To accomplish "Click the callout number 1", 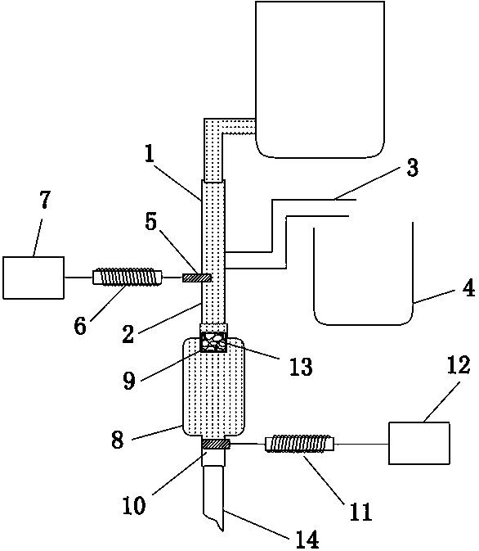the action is [x=150, y=154].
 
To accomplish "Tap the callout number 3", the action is [x=412, y=167].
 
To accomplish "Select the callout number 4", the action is [x=468, y=289].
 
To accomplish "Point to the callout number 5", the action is [x=150, y=222].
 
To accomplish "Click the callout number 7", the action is [x=45, y=200].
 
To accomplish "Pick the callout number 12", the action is [x=459, y=365].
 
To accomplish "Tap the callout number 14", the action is [x=307, y=539].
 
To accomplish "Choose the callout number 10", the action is [x=134, y=506].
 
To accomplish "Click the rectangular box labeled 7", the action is [x=34, y=278].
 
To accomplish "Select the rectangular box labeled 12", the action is [x=419, y=443].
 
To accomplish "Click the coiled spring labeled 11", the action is [x=299, y=444].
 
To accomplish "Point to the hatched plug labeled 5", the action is [x=197, y=278].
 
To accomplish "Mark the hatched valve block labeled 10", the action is [x=216, y=445].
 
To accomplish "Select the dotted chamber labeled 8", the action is [x=213, y=386].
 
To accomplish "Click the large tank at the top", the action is [x=320, y=79].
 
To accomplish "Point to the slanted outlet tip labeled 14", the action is [x=213, y=497].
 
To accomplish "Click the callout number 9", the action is [x=129, y=381].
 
